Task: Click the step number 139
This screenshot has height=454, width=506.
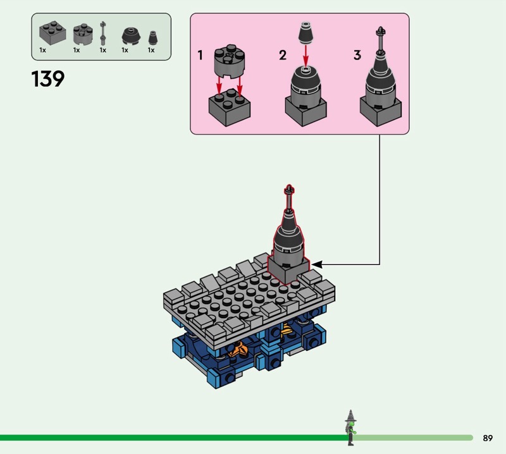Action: pyautogui.click(x=48, y=79)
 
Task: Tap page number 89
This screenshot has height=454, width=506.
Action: pyautogui.click(x=488, y=438)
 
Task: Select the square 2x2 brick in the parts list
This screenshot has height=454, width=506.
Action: pyautogui.click(x=52, y=33)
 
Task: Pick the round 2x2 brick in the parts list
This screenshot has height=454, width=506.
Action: pyautogui.click(x=83, y=34)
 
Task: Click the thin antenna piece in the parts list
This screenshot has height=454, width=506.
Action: pyautogui.click(x=102, y=33)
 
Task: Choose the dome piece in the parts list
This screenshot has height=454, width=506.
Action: pyautogui.click(x=131, y=36)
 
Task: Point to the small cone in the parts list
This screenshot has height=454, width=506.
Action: pyautogui.click(x=153, y=38)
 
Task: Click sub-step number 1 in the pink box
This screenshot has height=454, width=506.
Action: pyautogui.click(x=200, y=55)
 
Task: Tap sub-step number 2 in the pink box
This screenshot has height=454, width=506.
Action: pyautogui.click(x=283, y=55)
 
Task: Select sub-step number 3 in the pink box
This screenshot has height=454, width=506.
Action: pyautogui.click(x=357, y=55)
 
